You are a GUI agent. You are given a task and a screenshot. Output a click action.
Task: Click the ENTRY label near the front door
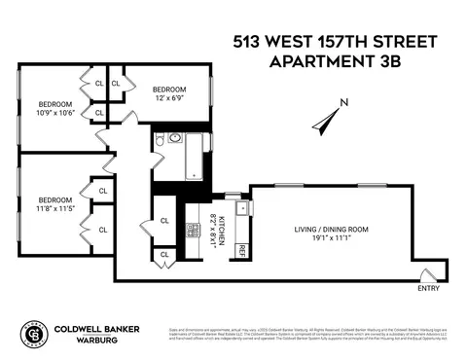tap(428, 288)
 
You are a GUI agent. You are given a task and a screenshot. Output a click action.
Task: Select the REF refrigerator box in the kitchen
tap(242, 250)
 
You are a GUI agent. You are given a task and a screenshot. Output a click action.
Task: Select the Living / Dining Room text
tap(333, 230)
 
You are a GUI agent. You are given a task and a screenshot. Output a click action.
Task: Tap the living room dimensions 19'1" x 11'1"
tap(333, 239)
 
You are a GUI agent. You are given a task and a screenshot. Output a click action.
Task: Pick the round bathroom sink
tap(176, 139)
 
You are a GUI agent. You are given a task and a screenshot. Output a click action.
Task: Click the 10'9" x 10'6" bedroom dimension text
tap(54, 112)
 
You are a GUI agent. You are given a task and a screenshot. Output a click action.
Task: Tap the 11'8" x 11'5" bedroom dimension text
tap(54, 207)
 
